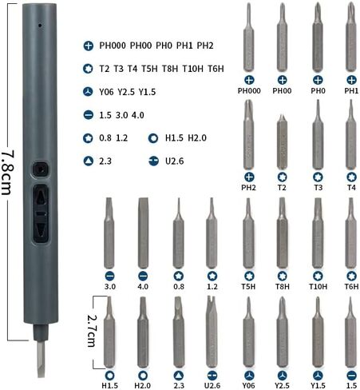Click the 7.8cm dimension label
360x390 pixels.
pos(7,173)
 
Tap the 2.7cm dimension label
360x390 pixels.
pos(92,331)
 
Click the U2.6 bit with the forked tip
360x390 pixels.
pos(212,331)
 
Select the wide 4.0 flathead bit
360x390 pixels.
pos(143,233)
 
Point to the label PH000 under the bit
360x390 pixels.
pos(249,91)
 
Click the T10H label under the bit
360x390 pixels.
pos(318,287)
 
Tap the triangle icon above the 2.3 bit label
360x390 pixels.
pos(179,376)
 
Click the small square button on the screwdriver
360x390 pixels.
pos(41,169)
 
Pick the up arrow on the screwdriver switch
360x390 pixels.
pos(41,198)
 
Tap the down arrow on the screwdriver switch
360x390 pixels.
pos(41,229)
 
